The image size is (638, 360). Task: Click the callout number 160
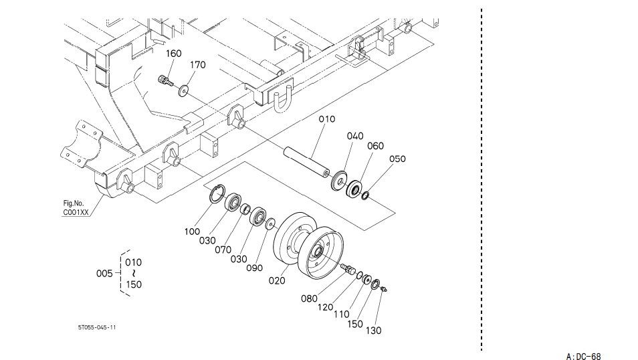[x=174, y=54]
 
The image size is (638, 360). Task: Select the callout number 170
[x=198, y=65]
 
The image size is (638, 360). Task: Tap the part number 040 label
[x=355, y=136]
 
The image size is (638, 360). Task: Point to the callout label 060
[x=376, y=146]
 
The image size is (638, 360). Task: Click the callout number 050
[x=397, y=159]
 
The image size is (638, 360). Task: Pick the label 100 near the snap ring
[x=192, y=232]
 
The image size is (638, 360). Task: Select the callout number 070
[x=223, y=250]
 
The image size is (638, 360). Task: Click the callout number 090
[x=254, y=268]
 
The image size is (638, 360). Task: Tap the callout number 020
[x=277, y=280]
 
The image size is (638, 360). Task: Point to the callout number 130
[x=374, y=331]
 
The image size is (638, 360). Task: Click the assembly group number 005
[x=104, y=273]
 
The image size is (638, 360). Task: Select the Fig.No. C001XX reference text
[x=76, y=207]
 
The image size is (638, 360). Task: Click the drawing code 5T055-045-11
[x=97, y=327]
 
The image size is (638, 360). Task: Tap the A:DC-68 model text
[x=583, y=357]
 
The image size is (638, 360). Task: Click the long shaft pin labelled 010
[x=306, y=163]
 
